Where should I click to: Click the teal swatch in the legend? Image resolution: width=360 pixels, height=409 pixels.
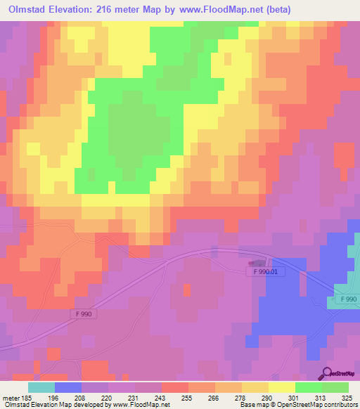coord(41,387)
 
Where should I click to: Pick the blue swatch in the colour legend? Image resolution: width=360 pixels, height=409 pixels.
coord(68,387)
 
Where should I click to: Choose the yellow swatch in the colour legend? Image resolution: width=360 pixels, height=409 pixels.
coord(281,387)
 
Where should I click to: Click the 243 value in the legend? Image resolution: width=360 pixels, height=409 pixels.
coord(148,398)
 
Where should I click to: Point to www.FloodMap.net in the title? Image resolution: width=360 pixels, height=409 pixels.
coord(216,10)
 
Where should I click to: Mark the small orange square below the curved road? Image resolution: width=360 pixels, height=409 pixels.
coord(187,288)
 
